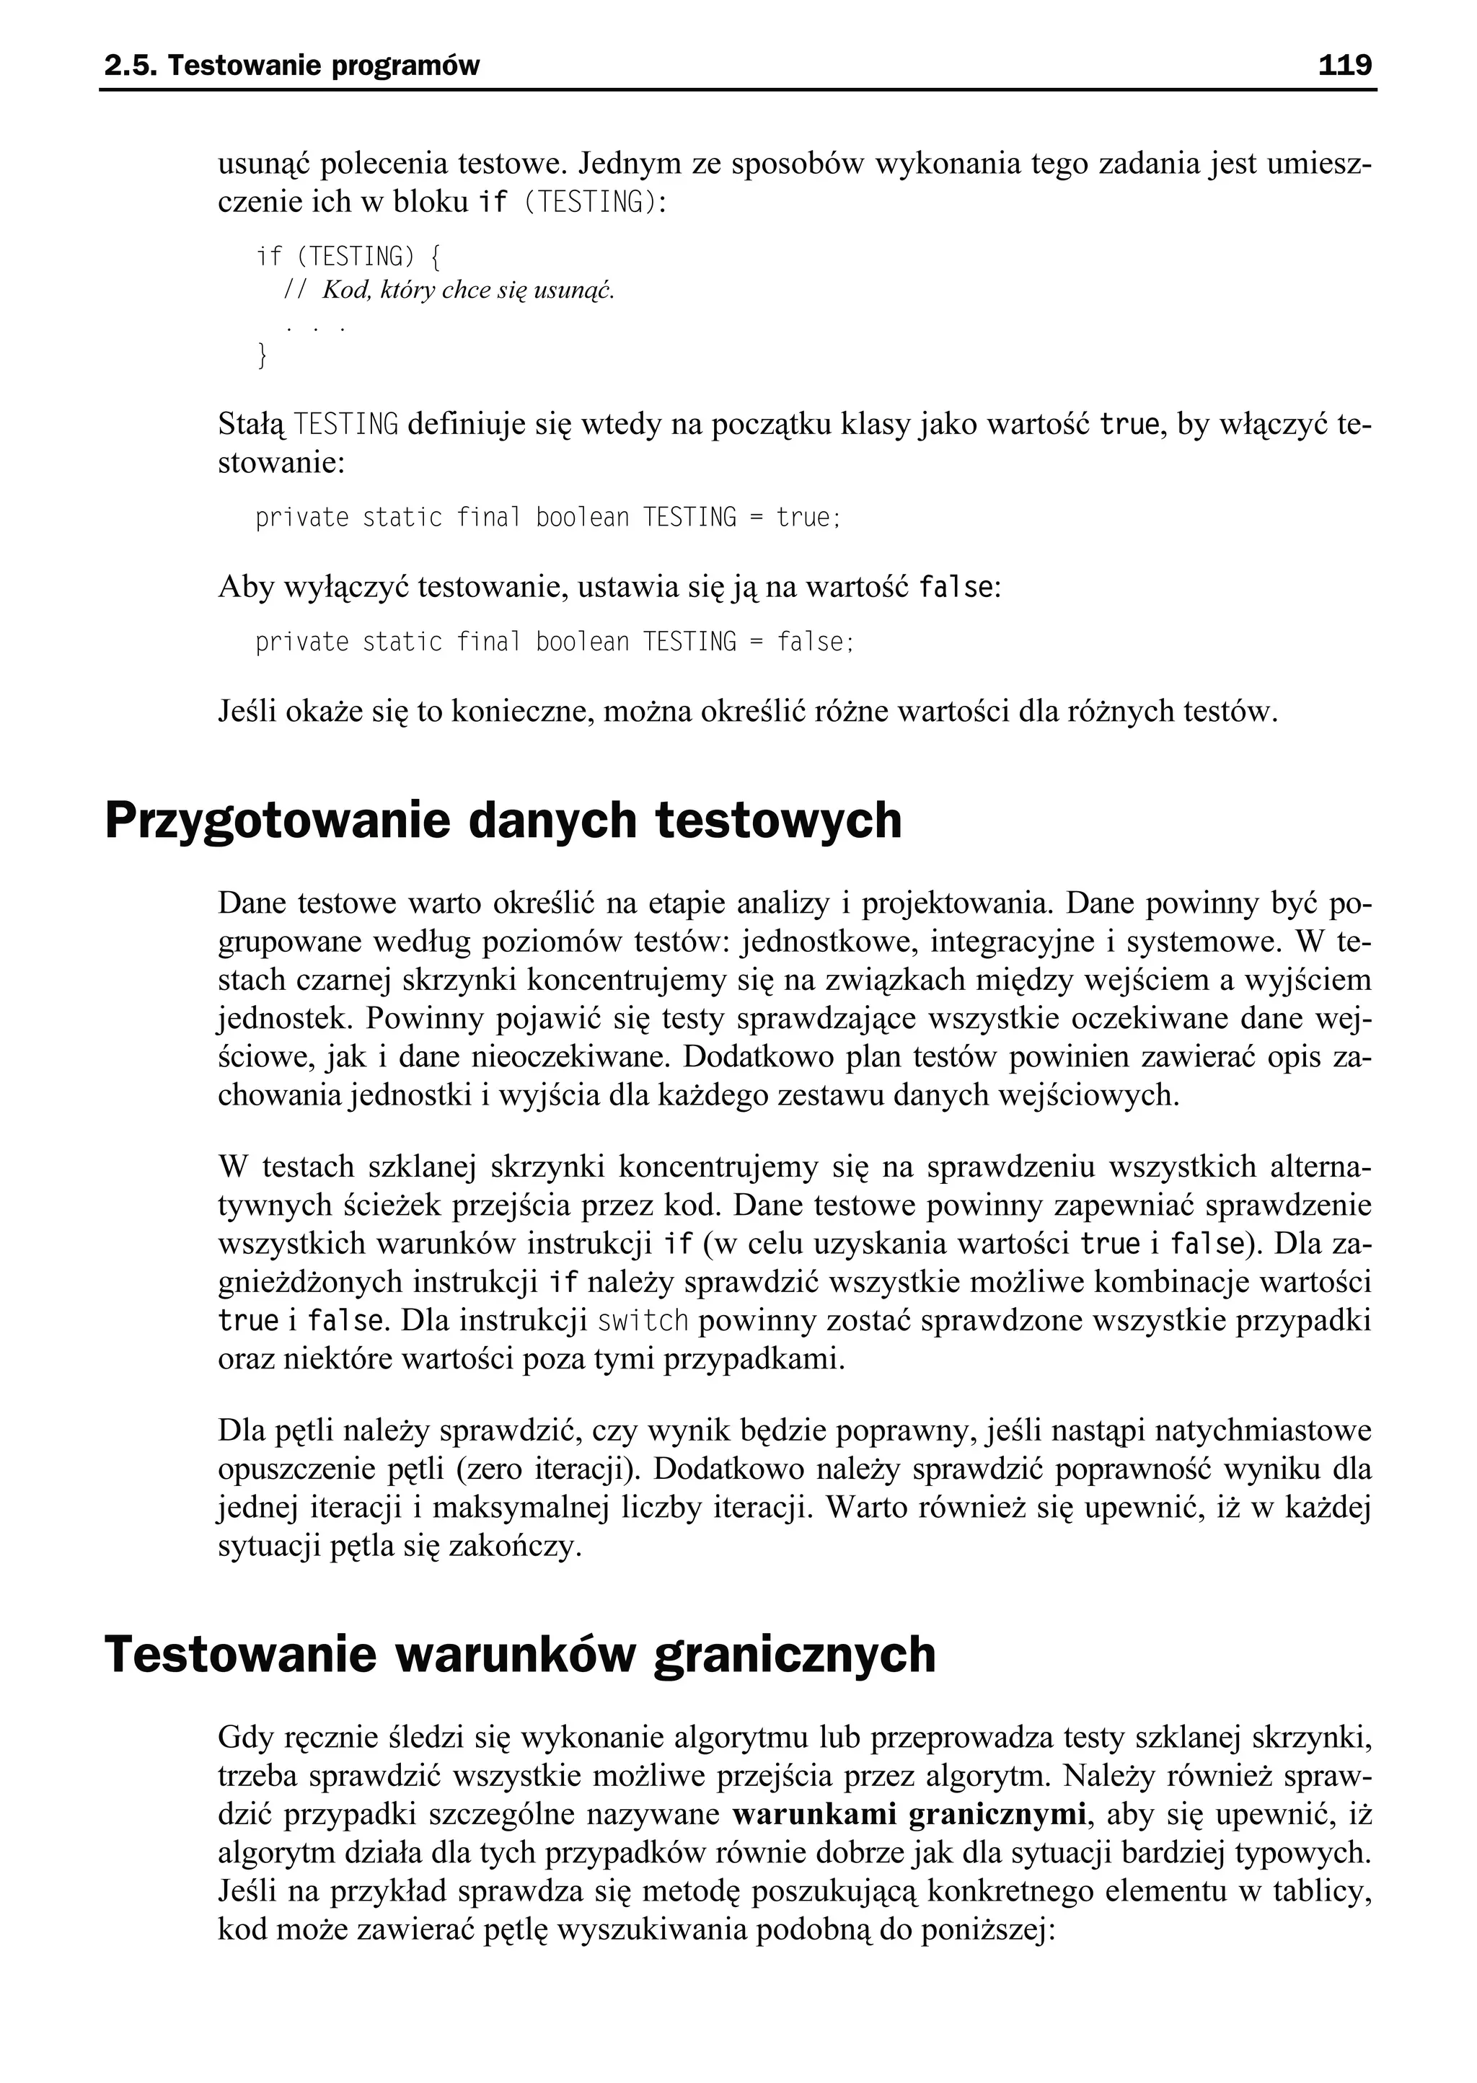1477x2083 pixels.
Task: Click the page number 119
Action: [1344, 66]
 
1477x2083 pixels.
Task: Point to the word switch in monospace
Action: [642, 1321]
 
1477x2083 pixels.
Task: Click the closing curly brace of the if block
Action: [263, 355]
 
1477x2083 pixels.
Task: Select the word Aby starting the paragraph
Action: [245, 588]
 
